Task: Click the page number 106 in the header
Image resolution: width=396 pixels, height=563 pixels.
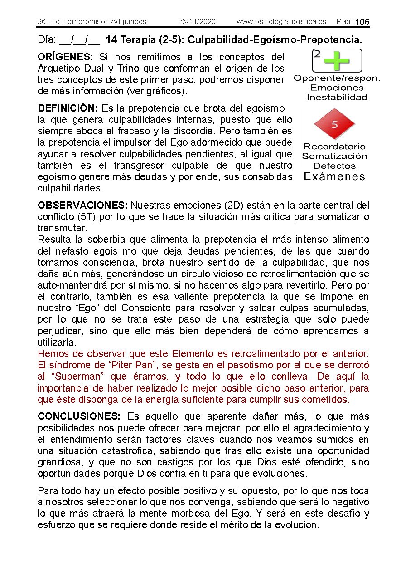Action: coord(362,22)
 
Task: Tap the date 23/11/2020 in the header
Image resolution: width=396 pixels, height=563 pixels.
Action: coord(197,22)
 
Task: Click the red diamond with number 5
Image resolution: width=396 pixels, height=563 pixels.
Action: coord(334,124)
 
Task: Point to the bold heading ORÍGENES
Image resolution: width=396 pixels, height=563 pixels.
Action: coord(64,57)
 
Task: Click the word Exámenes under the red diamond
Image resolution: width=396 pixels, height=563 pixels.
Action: coord(334,176)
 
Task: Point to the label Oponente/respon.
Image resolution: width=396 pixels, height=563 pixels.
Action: coord(337,78)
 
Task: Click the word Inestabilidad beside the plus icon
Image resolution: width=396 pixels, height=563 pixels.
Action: coord(337,97)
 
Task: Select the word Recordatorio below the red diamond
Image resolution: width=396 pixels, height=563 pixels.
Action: coord(334,147)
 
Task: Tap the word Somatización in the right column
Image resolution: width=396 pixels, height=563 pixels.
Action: coord(334,156)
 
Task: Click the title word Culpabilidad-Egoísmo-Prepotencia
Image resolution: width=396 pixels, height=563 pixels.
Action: coord(275,40)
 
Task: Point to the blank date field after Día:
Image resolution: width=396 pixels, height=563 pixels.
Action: coord(80,40)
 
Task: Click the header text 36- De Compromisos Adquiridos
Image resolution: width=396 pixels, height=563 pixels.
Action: coord(92,22)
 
